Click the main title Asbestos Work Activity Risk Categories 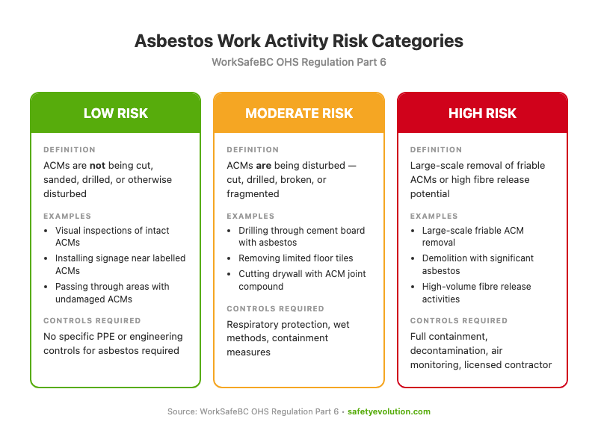pos(299,41)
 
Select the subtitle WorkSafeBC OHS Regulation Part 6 pos(299,62)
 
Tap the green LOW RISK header pos(115,113)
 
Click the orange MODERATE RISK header pos(299,113)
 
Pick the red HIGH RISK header pos(482,113)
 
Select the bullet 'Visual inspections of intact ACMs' pos(112,236)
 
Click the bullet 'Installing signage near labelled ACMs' pos(120,264)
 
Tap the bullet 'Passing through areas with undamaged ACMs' pos(112,293)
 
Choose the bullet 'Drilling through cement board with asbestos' pos(301,236)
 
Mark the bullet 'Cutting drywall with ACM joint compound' pos(301,280)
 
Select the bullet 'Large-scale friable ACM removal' pos(472,236)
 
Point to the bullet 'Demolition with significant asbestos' pos(478,264)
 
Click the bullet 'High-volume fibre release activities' pos(476,293)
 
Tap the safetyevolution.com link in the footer pos(389,411)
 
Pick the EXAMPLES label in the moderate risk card pos(250,216)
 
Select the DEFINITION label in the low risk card pos(70,149)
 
